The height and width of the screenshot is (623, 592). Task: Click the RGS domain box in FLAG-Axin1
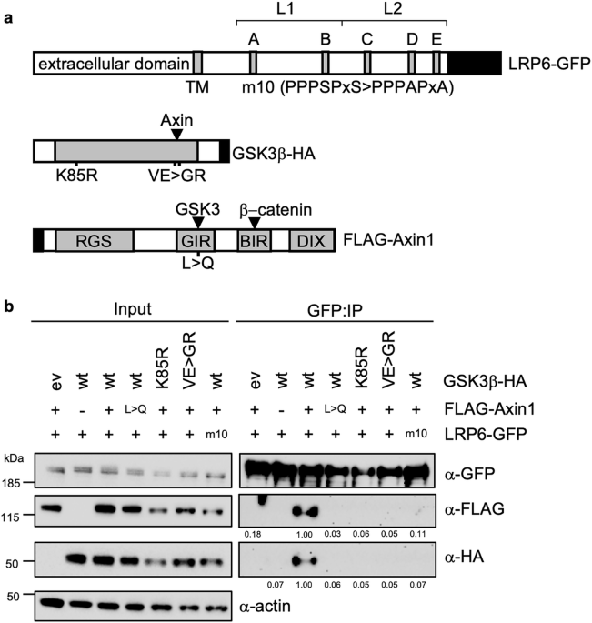pyautogui.click(x=95, y=240)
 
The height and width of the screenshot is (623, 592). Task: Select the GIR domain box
pyautogui.click(x=196, y=240)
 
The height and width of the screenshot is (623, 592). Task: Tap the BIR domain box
pyautogui.click(x=255, y=240)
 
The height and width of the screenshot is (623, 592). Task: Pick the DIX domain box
pyautogui.click(x=312, y=240)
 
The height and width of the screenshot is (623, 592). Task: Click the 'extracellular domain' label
pyautogui.click(x=114, y=64)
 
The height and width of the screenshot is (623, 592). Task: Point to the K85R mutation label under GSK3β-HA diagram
pyautogui.click(x=76, y=176)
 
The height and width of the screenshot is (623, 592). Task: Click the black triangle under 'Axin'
pyautogui.click(x=176, y=135)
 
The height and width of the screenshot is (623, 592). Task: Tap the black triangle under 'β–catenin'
pyautogui.click(x=255, y=224)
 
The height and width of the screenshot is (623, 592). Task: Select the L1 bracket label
pyautogui.click(x=286, y=9)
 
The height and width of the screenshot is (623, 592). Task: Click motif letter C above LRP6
pyautogui.click(x=367, y=39)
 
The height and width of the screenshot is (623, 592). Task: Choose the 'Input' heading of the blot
pyautogui.click(x=132, y=308)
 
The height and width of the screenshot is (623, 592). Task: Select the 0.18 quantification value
pyautogui.click(x=253, y=535)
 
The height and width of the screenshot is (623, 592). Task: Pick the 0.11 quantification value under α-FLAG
pyautogui.click(x=417, y=534)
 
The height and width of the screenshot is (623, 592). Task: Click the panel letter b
pyautogui.click(x=9, y=306)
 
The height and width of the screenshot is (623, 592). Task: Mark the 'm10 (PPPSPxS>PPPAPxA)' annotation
pyautogui.click(x=347, y=87)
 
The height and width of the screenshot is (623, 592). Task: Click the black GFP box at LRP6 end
pyautogui.click(x=475, y=63)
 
